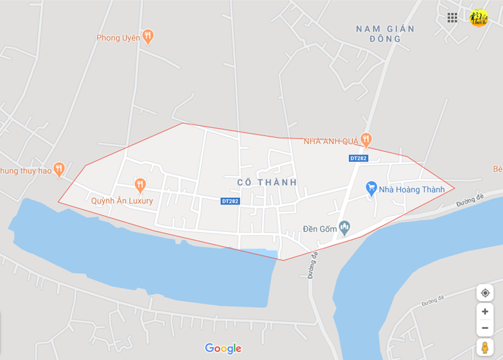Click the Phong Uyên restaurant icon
(148, 37)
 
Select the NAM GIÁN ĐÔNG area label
(385, 34)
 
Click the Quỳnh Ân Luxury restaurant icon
(140, 184)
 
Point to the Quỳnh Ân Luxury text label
(122, 200)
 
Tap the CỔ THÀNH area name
(267, 182)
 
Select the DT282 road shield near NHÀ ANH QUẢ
(358, 158)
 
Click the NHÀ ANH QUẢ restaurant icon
(366, 140)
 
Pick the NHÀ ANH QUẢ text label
(331, 142)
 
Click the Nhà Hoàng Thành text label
(412, 189)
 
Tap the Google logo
(223, 349)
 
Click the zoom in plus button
(485, 312)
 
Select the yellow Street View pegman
(485, 347)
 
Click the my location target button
(485, 292)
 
